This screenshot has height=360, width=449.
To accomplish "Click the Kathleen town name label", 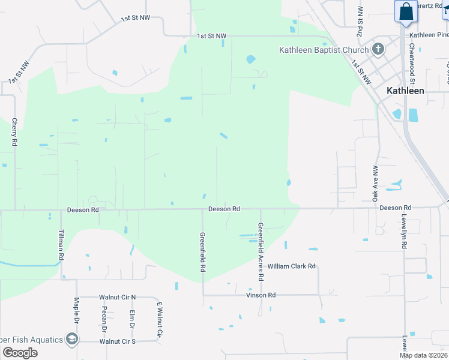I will click(405, 91).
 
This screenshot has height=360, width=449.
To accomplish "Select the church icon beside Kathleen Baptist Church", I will click(378, 49).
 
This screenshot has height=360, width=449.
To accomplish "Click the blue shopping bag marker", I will click(406, 11).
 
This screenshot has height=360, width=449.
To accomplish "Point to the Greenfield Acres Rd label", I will click(261, 253).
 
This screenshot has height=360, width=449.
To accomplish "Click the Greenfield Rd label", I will click(202, 252).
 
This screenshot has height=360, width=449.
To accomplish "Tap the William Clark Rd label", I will click(291, 266).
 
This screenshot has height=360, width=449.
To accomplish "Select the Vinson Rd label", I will click(261, 295).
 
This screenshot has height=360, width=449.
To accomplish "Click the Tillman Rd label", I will click(61, 245).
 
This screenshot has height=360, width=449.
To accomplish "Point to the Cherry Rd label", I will click(14, 133).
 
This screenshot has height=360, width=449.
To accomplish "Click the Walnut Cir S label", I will click(118, 341).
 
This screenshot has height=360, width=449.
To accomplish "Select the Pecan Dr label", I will click(104, 319).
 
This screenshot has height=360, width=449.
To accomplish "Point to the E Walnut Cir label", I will click(160, 319).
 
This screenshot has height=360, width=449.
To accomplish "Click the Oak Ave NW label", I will click(376, 183).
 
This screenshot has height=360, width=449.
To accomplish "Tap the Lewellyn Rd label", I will click(405, 233).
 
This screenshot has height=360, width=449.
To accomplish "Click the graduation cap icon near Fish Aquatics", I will click(72, 340).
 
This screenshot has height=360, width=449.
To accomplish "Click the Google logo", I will click(19, 352).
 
